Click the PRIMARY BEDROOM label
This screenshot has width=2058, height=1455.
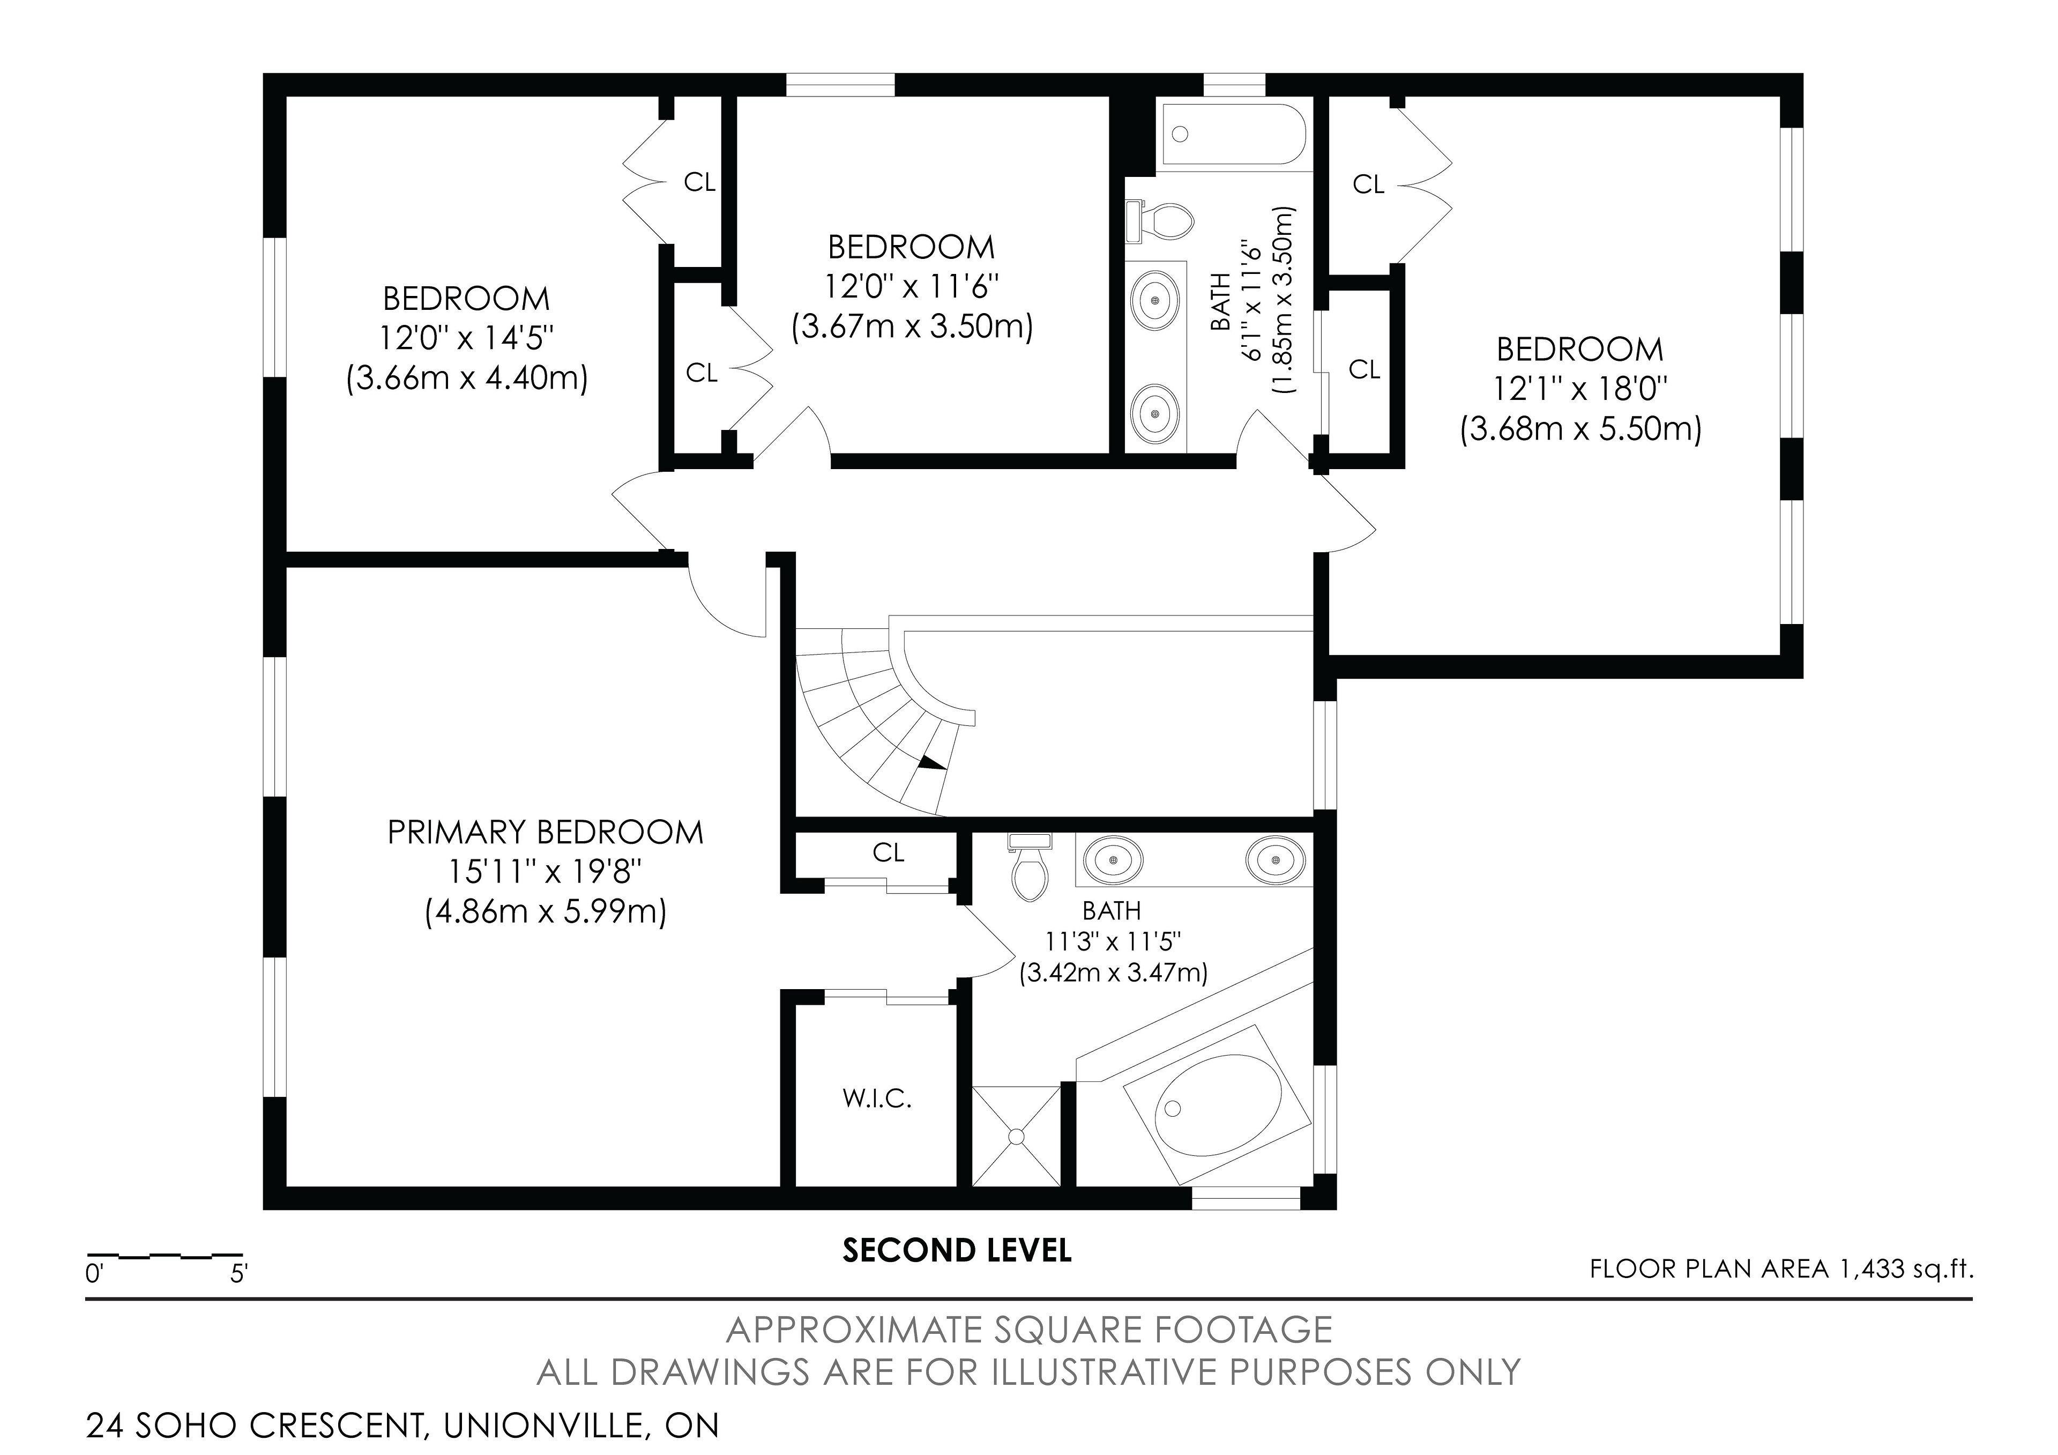coord(545,832)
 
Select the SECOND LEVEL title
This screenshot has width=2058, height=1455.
coord(957,1251)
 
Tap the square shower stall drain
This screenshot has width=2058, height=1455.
coord(1016,1136)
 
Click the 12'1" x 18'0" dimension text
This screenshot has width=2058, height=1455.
coord(1580,389)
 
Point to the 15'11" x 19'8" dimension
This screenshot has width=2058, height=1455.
coord(545,871)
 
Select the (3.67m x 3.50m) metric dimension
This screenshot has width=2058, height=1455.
coord(912,326)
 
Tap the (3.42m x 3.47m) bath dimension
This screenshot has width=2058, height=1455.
coord(1113,973)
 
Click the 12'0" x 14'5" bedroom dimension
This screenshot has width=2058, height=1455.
coord(466,338)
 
